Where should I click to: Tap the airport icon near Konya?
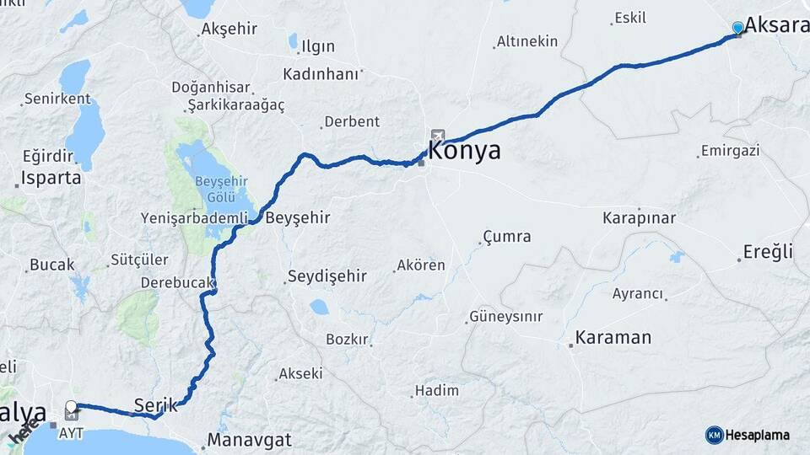point(437,136)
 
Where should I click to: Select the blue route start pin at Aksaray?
point(738,28)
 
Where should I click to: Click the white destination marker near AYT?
point(72,408)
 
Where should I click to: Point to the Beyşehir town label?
point(297,217)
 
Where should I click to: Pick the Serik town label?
point(156,404)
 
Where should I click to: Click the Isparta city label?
point(51,179)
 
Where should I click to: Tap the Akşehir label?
point(229,29)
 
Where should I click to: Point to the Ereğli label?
point(769,251)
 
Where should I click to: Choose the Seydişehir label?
point(327,276)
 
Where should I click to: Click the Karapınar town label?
point(639,217)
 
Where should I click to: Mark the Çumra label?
point(506,237)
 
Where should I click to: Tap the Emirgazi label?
point(730,151)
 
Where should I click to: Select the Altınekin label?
point(526,41)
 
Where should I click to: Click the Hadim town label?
point(437,390)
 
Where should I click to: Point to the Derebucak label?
point(177,283)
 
